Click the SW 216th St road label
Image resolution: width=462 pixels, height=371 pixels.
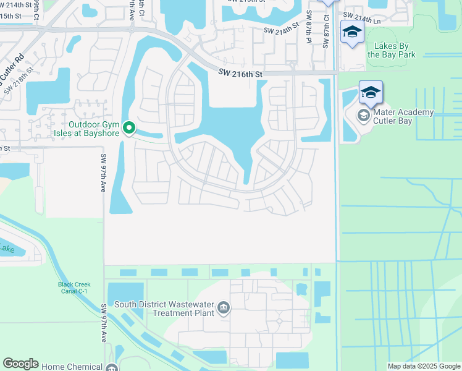click(x=240, y=74)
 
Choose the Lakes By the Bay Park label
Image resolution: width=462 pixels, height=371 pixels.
click(x=391, y=50)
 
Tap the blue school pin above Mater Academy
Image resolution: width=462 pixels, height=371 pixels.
click(x=371, y=93)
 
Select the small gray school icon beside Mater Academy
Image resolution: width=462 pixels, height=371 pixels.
click(x=364, y=115)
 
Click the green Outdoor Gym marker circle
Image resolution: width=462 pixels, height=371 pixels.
click(x=129, y=128)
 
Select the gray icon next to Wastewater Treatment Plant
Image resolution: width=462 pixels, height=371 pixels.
click(x=224, y=308)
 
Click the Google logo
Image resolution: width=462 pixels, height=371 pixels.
click(x=20, y=364)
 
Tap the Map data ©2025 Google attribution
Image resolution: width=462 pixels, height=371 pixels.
click(x=423, y=366)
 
